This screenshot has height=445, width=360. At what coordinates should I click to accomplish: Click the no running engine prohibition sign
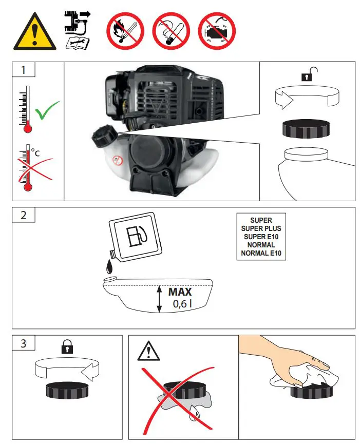pyautogui.click(x=217, y=31)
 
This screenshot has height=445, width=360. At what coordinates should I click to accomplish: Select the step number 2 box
pyautogui.click(x=23, y=215)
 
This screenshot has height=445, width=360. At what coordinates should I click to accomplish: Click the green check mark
pyautogui.click(x=47, y=110)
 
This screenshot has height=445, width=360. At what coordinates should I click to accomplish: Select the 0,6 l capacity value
pyautogui.click(x=182, y=304)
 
